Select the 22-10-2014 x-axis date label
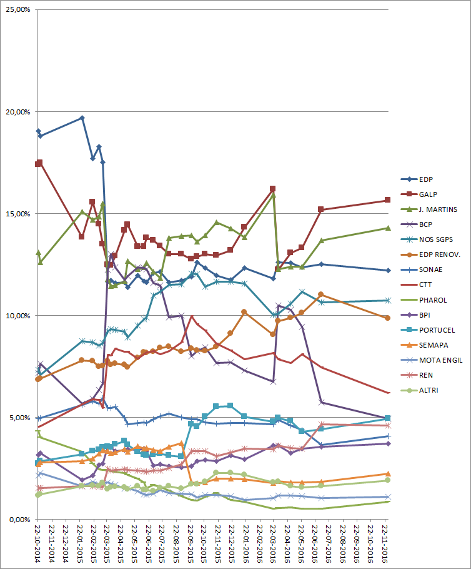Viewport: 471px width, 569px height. pyautogui.click(x=38, y=544)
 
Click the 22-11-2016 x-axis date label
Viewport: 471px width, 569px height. pyautogui.click(x=385, y=544)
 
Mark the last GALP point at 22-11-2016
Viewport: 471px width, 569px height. pyautogui.click(x=387, y=200)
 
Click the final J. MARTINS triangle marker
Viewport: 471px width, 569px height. pyautogui.click(x=387, y=228)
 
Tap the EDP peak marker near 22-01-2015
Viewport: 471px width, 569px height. pyautogui.click(x=82, y=118)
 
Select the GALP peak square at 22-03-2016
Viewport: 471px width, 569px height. pyautogui.click(x=273, y=188)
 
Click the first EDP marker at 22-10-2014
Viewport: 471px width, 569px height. pyautogui.click(x=38, y=131)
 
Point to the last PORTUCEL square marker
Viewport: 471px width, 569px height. pyautogui.click(x=387, y=418)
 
